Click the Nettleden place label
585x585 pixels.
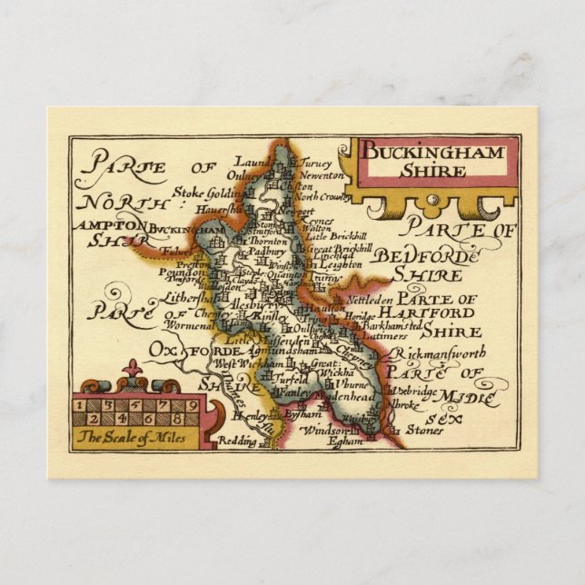(373, 298)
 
